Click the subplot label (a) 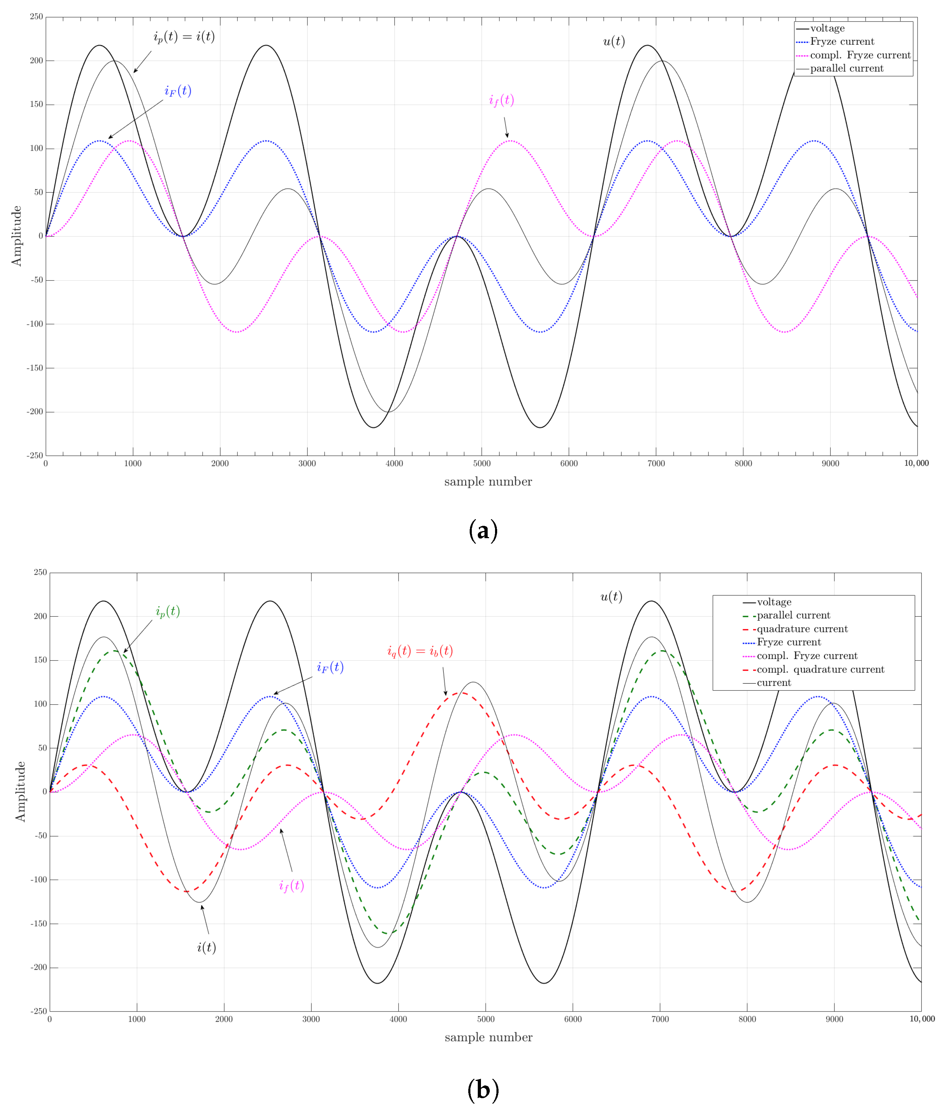click(483, 530)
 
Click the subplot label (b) click(483, 1090)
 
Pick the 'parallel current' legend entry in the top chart click(846, 69)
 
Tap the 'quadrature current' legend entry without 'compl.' click(802, 629)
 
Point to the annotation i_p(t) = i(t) click(184, 36)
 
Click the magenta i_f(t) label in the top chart click(501, 100)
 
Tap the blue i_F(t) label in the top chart click(177, 91)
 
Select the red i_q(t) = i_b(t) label click(420, 651)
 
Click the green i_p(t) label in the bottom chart click(168, 611)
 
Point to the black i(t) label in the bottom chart click(206, 947)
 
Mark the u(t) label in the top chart click(614, 42)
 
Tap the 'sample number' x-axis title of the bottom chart click(488, 1037)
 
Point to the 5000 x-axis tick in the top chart click(482, 463)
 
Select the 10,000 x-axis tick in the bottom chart click(921, 1019)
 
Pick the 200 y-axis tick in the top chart click(36, 61)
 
